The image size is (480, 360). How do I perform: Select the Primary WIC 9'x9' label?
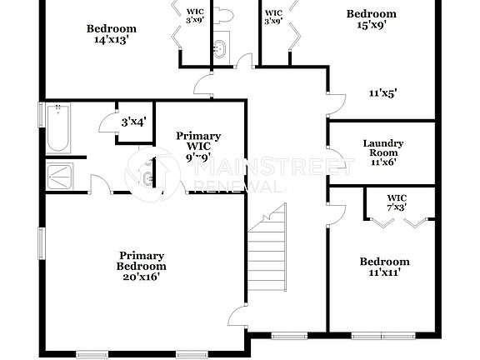(198, 145)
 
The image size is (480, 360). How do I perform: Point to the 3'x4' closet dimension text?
(133, 122)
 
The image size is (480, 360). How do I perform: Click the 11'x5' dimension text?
(382, 94)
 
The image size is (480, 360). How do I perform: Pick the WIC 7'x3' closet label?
(396, 202)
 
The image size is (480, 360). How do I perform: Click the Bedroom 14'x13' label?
(112, 34)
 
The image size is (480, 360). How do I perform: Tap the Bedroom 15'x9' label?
(372, 19)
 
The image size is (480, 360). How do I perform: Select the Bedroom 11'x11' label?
(384, 267)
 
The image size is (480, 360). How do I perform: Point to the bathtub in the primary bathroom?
(57, 129)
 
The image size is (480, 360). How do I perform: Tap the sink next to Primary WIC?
(147, 177)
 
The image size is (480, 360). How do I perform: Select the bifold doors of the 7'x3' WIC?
(401, 222)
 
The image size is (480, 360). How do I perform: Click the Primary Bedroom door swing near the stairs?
(237, 315)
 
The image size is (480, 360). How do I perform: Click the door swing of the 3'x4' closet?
(107, 123)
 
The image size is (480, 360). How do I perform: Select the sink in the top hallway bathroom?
(220, 46)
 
